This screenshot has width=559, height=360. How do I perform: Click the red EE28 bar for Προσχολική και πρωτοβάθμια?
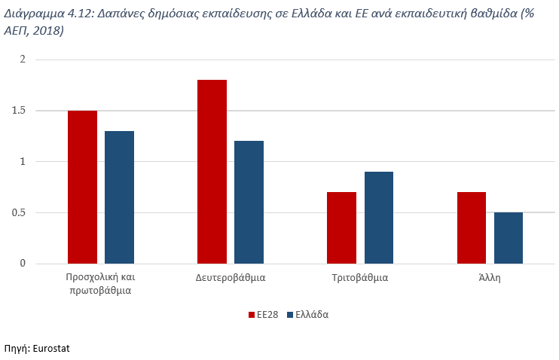point(82,187)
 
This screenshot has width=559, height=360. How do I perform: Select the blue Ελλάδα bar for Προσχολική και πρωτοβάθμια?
point(119,197)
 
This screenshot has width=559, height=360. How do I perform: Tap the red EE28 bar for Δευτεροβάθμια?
point(212,172)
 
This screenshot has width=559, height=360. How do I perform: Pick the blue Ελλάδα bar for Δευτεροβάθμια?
point(249,202)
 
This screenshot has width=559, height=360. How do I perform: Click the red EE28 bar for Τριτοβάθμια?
point(341,227)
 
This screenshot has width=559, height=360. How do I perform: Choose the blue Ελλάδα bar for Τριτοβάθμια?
point(378,218)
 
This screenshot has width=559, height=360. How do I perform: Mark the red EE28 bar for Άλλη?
point(471,227)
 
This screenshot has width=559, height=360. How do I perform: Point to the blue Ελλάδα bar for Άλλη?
point(508,238)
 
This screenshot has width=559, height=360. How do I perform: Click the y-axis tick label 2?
point(23,59)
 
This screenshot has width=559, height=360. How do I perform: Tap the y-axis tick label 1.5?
point(18,111)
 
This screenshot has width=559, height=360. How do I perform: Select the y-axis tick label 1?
point(23,161)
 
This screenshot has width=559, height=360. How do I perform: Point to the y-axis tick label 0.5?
point(18,212)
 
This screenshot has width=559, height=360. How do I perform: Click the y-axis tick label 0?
point(23,264)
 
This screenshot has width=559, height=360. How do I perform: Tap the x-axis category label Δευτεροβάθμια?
point(230,277)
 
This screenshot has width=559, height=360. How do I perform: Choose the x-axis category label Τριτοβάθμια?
point(359,277)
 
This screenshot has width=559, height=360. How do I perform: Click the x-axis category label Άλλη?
point(489,277)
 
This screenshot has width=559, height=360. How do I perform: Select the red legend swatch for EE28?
point(252,315)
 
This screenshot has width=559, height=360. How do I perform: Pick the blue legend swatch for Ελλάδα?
point(291,315)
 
